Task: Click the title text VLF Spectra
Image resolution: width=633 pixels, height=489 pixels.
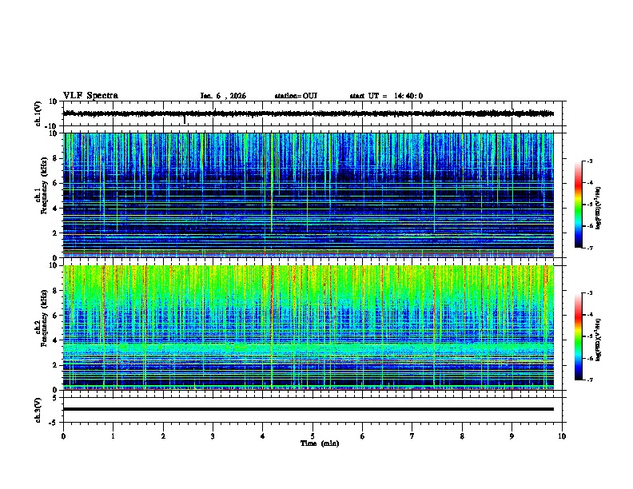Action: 90,96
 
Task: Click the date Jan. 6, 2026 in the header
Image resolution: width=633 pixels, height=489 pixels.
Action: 223,96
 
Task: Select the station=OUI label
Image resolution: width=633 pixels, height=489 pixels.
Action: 296,96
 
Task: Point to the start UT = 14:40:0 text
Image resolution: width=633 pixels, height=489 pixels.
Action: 386,96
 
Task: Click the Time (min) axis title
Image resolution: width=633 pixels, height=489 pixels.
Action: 319,443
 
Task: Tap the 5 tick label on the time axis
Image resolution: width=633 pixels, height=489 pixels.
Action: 313,435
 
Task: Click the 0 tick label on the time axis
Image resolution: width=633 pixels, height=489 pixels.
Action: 63,435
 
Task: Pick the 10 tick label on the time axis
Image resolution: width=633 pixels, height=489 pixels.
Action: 562,435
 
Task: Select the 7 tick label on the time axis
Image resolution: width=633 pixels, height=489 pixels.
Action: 412,435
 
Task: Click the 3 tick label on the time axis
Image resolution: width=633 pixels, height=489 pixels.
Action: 213,435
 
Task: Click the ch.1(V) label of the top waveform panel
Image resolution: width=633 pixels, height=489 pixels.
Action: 38,114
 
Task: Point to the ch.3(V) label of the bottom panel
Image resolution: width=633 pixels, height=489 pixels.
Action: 38,409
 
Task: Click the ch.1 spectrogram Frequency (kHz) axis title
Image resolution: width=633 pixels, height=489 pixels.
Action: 38,195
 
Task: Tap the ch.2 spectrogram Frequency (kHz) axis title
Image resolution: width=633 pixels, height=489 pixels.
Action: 38,327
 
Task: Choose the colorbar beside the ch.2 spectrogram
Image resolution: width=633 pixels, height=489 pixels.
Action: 579,336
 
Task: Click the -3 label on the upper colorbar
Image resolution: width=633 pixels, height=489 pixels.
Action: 589,162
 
